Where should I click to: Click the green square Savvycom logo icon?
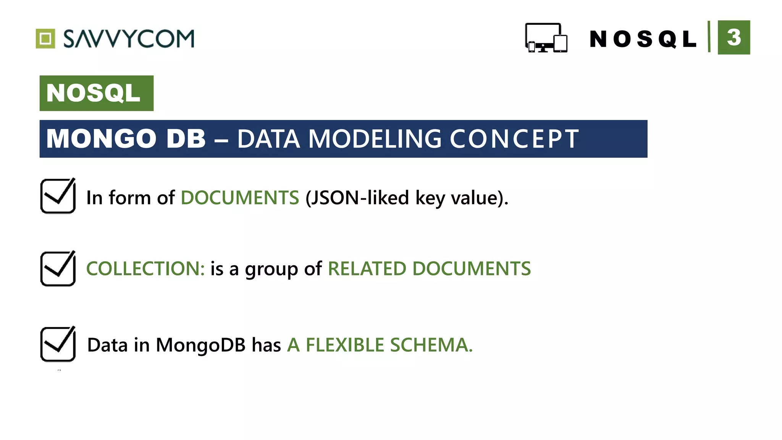tap(45, 39)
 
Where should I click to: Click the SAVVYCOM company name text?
tap(129, 39)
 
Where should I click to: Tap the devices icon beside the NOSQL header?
tap(546, 38)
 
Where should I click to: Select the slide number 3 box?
tap(734, 37)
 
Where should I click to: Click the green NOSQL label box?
tap(96, 93)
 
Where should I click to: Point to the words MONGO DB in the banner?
tap(126, 138)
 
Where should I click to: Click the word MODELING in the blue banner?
tap(375, 138)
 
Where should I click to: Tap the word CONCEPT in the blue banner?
tap(514, 138)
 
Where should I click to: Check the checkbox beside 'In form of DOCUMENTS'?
tap(58, 196)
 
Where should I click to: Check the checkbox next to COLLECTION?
tap(58, 269)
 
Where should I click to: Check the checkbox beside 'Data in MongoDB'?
tap(58, 344)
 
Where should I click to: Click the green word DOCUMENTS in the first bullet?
tap(240, 198)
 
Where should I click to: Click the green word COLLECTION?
tap(145, 269)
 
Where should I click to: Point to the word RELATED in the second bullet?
tap(367, 269)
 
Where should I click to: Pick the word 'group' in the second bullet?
tap(271, 270)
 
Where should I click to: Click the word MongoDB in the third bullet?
tap(200, 345)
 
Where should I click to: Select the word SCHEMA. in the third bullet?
tap(431, 345)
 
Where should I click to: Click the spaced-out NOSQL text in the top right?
tap(643, 39)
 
